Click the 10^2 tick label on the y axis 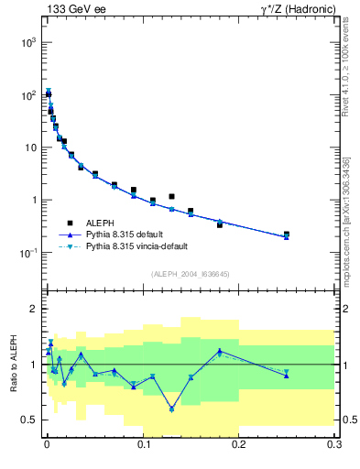[x=29, y=95]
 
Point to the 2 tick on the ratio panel [x=33, y=309]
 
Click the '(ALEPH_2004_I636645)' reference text [x=191, y=274]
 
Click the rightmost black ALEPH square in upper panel [x=287, y=234]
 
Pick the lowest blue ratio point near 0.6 [x=171, y=409]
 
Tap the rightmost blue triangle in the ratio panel [x=287, y=375]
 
